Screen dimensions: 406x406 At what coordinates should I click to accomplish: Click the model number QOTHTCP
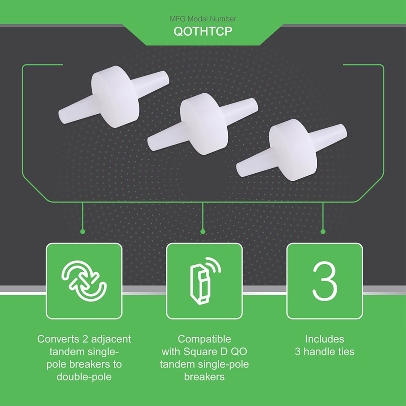tap(203, 31)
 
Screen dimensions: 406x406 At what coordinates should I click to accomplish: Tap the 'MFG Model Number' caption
tap(203, 19)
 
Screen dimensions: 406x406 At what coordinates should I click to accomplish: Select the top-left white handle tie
tap(114, 97)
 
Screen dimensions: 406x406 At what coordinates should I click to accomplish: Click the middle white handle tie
tap(203, 124)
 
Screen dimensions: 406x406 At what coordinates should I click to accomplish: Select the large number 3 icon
tap(325, 281)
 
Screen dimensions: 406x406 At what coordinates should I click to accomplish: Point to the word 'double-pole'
tap(84, 377)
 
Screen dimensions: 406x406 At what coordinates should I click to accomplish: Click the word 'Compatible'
tap(204, 339)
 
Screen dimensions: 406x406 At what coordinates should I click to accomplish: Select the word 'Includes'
tap(325, 339)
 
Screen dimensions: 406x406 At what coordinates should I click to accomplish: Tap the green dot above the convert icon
tap(83, 232)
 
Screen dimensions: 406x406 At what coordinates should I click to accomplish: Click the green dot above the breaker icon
tap(203, 232)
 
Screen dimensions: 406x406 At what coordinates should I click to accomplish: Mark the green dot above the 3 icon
tap(323, 232)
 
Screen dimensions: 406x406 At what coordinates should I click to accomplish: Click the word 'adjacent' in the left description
tap(111, 339)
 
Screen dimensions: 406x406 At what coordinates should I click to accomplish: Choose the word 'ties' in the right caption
tap(345, 352)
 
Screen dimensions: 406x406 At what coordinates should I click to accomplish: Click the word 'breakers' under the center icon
tap(204, 377)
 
